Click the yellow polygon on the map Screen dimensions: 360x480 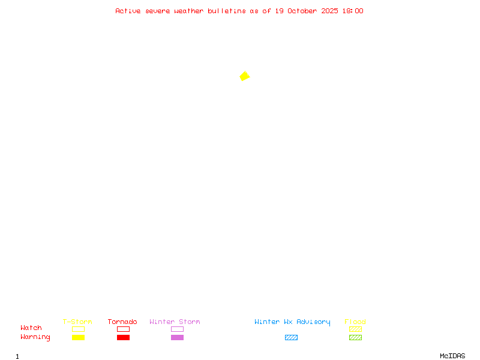point(244,76)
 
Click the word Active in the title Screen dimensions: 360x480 point(128,11)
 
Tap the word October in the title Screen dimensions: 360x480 point(302,11)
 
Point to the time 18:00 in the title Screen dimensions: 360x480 point(353,11)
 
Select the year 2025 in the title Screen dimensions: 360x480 point(330,11)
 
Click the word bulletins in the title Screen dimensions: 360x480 point(227,11)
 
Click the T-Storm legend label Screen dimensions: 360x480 point(77,322)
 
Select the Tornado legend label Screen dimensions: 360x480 point(122,322)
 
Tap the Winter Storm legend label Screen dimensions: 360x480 point(175,322)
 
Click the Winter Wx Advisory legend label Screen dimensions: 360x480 point(292,322)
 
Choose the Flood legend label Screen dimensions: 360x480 point(355,322)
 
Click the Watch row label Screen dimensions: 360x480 point(31,328)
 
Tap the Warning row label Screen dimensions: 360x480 point(35,337)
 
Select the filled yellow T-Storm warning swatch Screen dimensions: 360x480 point(78,338)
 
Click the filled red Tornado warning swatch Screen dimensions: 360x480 point(123,338)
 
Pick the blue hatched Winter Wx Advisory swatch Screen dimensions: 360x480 point(291,338)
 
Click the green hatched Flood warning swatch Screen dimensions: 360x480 point(355,338)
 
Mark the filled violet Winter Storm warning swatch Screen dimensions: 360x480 point(177,338)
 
